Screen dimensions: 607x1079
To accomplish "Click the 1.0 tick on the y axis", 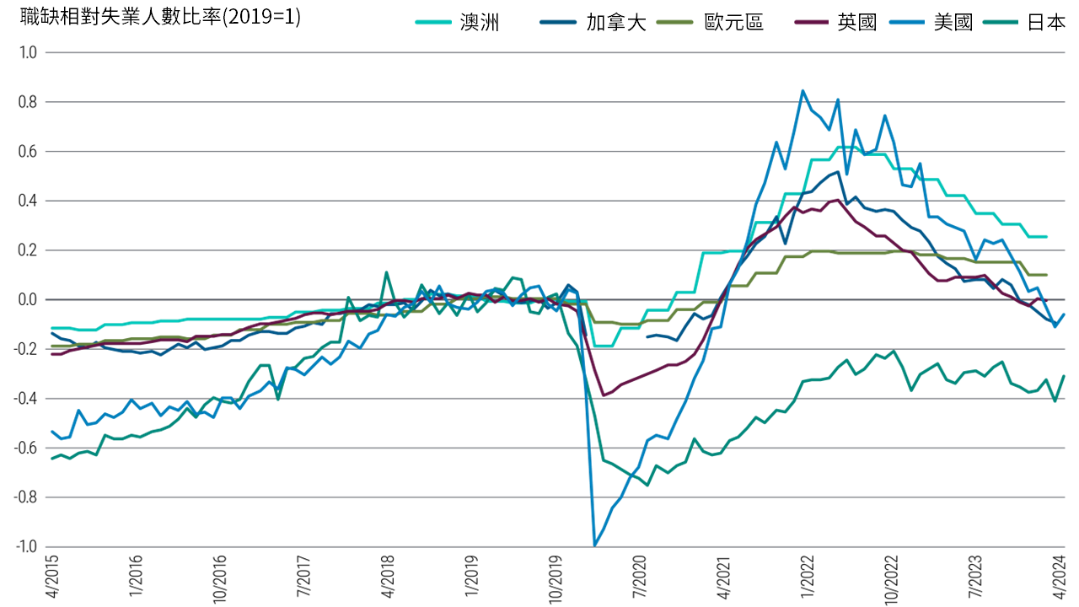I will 30,52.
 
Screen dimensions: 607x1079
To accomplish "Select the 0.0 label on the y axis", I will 30,299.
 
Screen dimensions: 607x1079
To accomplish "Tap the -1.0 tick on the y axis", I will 28,546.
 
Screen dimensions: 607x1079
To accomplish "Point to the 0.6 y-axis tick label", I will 30,152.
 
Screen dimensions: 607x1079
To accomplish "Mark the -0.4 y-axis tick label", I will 28,398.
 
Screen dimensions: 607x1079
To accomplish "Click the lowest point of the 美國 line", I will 595,545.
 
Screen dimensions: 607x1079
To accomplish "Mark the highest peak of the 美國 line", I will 803,90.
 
